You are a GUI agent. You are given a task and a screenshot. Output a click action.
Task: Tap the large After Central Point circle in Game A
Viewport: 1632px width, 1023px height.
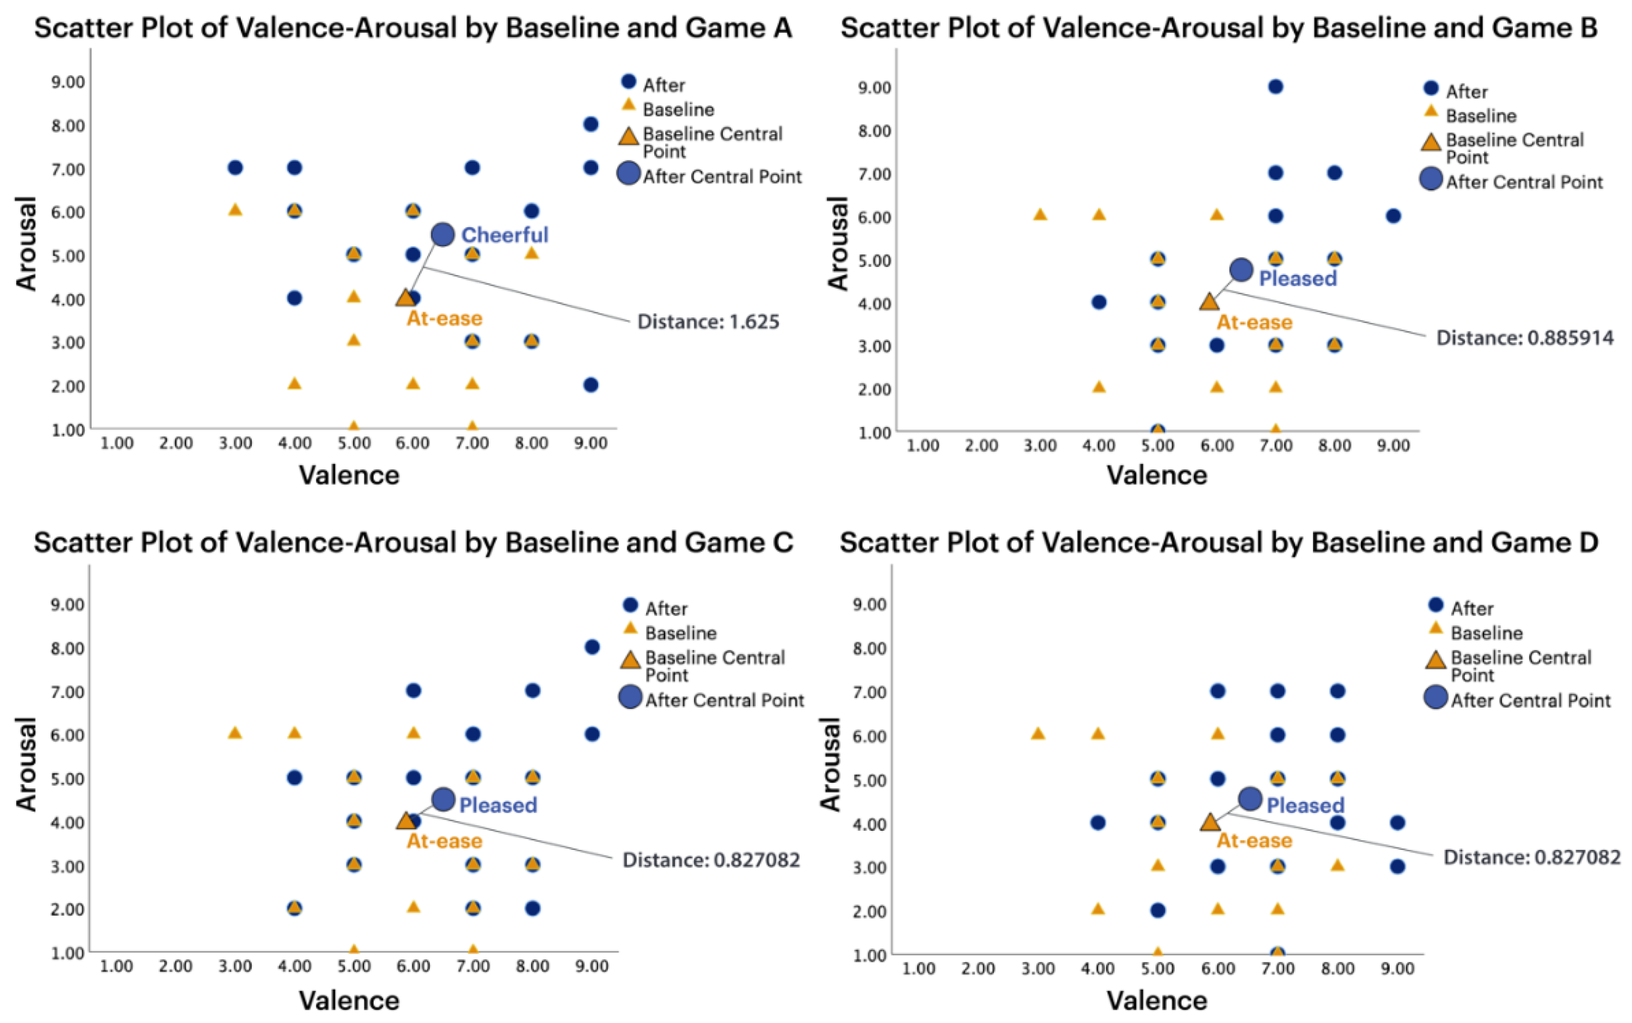[443, 234]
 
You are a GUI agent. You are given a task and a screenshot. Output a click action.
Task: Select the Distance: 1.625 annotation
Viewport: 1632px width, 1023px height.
[708, 321]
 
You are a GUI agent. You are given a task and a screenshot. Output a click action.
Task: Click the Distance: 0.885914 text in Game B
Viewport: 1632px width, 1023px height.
[1524, 338]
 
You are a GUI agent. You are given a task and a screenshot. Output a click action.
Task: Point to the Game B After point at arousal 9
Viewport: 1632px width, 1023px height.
[1276, 87]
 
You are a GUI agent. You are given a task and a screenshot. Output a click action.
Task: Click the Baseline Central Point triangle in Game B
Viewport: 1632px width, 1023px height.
[1209, 301]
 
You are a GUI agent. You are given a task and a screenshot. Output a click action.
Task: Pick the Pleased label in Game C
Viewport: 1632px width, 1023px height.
[498, 804]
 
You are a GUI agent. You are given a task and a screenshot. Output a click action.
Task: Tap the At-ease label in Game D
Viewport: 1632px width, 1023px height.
[1254, 840]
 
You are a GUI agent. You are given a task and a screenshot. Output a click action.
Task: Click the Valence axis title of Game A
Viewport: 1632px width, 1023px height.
[349, 475]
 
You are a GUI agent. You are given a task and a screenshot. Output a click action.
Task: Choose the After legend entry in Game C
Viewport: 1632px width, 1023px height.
[666, 609]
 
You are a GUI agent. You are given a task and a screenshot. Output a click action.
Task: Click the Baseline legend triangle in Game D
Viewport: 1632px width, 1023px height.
[1436, 628]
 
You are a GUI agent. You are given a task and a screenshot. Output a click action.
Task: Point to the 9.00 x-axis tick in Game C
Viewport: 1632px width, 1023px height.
[592, 966]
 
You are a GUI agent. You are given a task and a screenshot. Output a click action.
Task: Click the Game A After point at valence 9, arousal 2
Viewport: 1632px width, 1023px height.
[591, 385]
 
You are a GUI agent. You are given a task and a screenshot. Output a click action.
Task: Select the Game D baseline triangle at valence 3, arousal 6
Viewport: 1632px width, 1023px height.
[1038, 733]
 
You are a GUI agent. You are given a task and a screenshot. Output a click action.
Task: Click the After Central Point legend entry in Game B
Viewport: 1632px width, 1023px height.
[1524, 182]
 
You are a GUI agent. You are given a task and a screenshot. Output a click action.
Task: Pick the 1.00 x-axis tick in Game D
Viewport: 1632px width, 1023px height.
[919, 969]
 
